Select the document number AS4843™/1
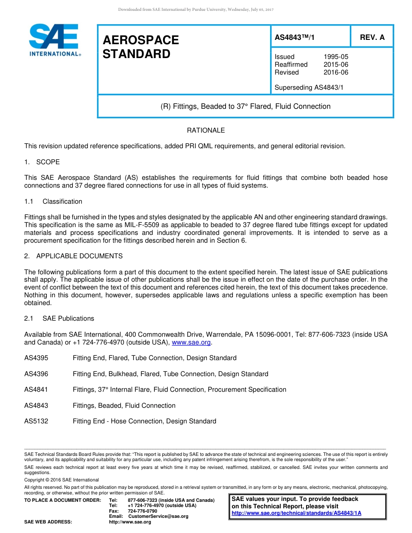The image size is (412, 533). tap(294, 38)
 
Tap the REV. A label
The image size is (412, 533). tap(372, 38)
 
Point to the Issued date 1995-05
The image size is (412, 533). tap(336, 57)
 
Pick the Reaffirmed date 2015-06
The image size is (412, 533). tap(336, 65)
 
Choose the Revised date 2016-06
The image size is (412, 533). tap(336, 72)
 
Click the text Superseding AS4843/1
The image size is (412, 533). tap(309, 88)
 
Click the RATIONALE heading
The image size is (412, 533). tap(206, 130)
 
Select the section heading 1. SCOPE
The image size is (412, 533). tap(42, 162)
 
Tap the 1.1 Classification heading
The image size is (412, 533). tap(53, 201)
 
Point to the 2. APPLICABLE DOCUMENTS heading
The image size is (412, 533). tap(73, 256)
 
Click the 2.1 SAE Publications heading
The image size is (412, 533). tap(59, 318)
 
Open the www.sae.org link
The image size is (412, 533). tap(191, 342)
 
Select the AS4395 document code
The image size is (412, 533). tap(36, 358)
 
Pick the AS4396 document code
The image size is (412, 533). tap(36, 374)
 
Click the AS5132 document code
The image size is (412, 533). tap(36, 421)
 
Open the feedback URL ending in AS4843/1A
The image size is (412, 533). tap(296, 513)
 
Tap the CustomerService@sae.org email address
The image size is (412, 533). tap(158, 516)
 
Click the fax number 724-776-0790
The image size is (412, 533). tap(142, 511)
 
